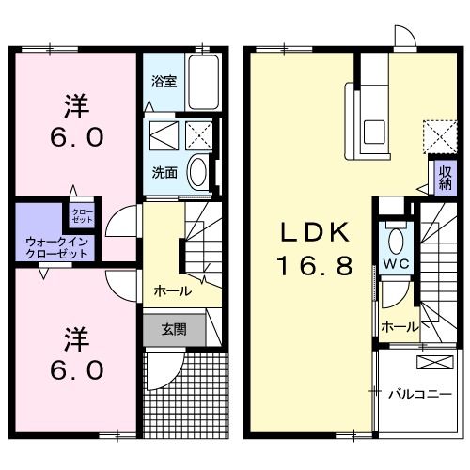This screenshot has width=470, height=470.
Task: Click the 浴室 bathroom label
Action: point(163,82)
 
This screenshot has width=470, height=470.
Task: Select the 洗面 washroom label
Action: point(164,172)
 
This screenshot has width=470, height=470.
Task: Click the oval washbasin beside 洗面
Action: point(198,172)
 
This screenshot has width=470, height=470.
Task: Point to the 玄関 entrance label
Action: point(172,329)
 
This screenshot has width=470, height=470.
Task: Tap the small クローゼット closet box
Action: point(83,214)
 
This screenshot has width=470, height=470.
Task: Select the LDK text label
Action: point(313,232)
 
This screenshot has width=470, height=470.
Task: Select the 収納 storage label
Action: point(444,178)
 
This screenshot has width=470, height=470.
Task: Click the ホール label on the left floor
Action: point(172,290)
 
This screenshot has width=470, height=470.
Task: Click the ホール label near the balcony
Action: point(399,326)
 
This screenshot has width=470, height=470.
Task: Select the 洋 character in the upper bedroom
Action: point(72,100)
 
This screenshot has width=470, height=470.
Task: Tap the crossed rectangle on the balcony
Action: point(431,362)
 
